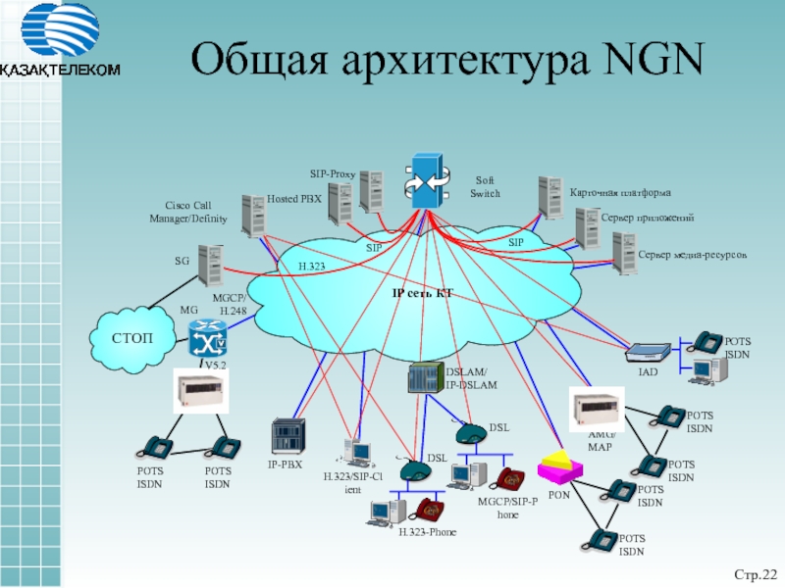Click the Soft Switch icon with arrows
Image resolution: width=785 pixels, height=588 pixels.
point(428,179)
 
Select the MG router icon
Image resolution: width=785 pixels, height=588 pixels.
point(207,339)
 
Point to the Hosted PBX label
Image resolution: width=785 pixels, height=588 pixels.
point(294,198)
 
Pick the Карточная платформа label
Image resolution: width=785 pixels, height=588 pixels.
point(620,191)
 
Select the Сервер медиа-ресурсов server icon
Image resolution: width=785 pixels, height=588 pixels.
point(623,252)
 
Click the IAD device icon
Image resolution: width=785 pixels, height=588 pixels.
point(648,352)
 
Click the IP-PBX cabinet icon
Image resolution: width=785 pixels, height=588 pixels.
point(288,435)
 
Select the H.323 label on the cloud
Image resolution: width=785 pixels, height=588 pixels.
point(311,266)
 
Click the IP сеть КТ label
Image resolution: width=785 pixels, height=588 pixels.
point(421,293)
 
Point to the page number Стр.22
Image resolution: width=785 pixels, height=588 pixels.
point(756,571)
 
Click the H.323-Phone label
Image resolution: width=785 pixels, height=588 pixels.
point(428,531)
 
